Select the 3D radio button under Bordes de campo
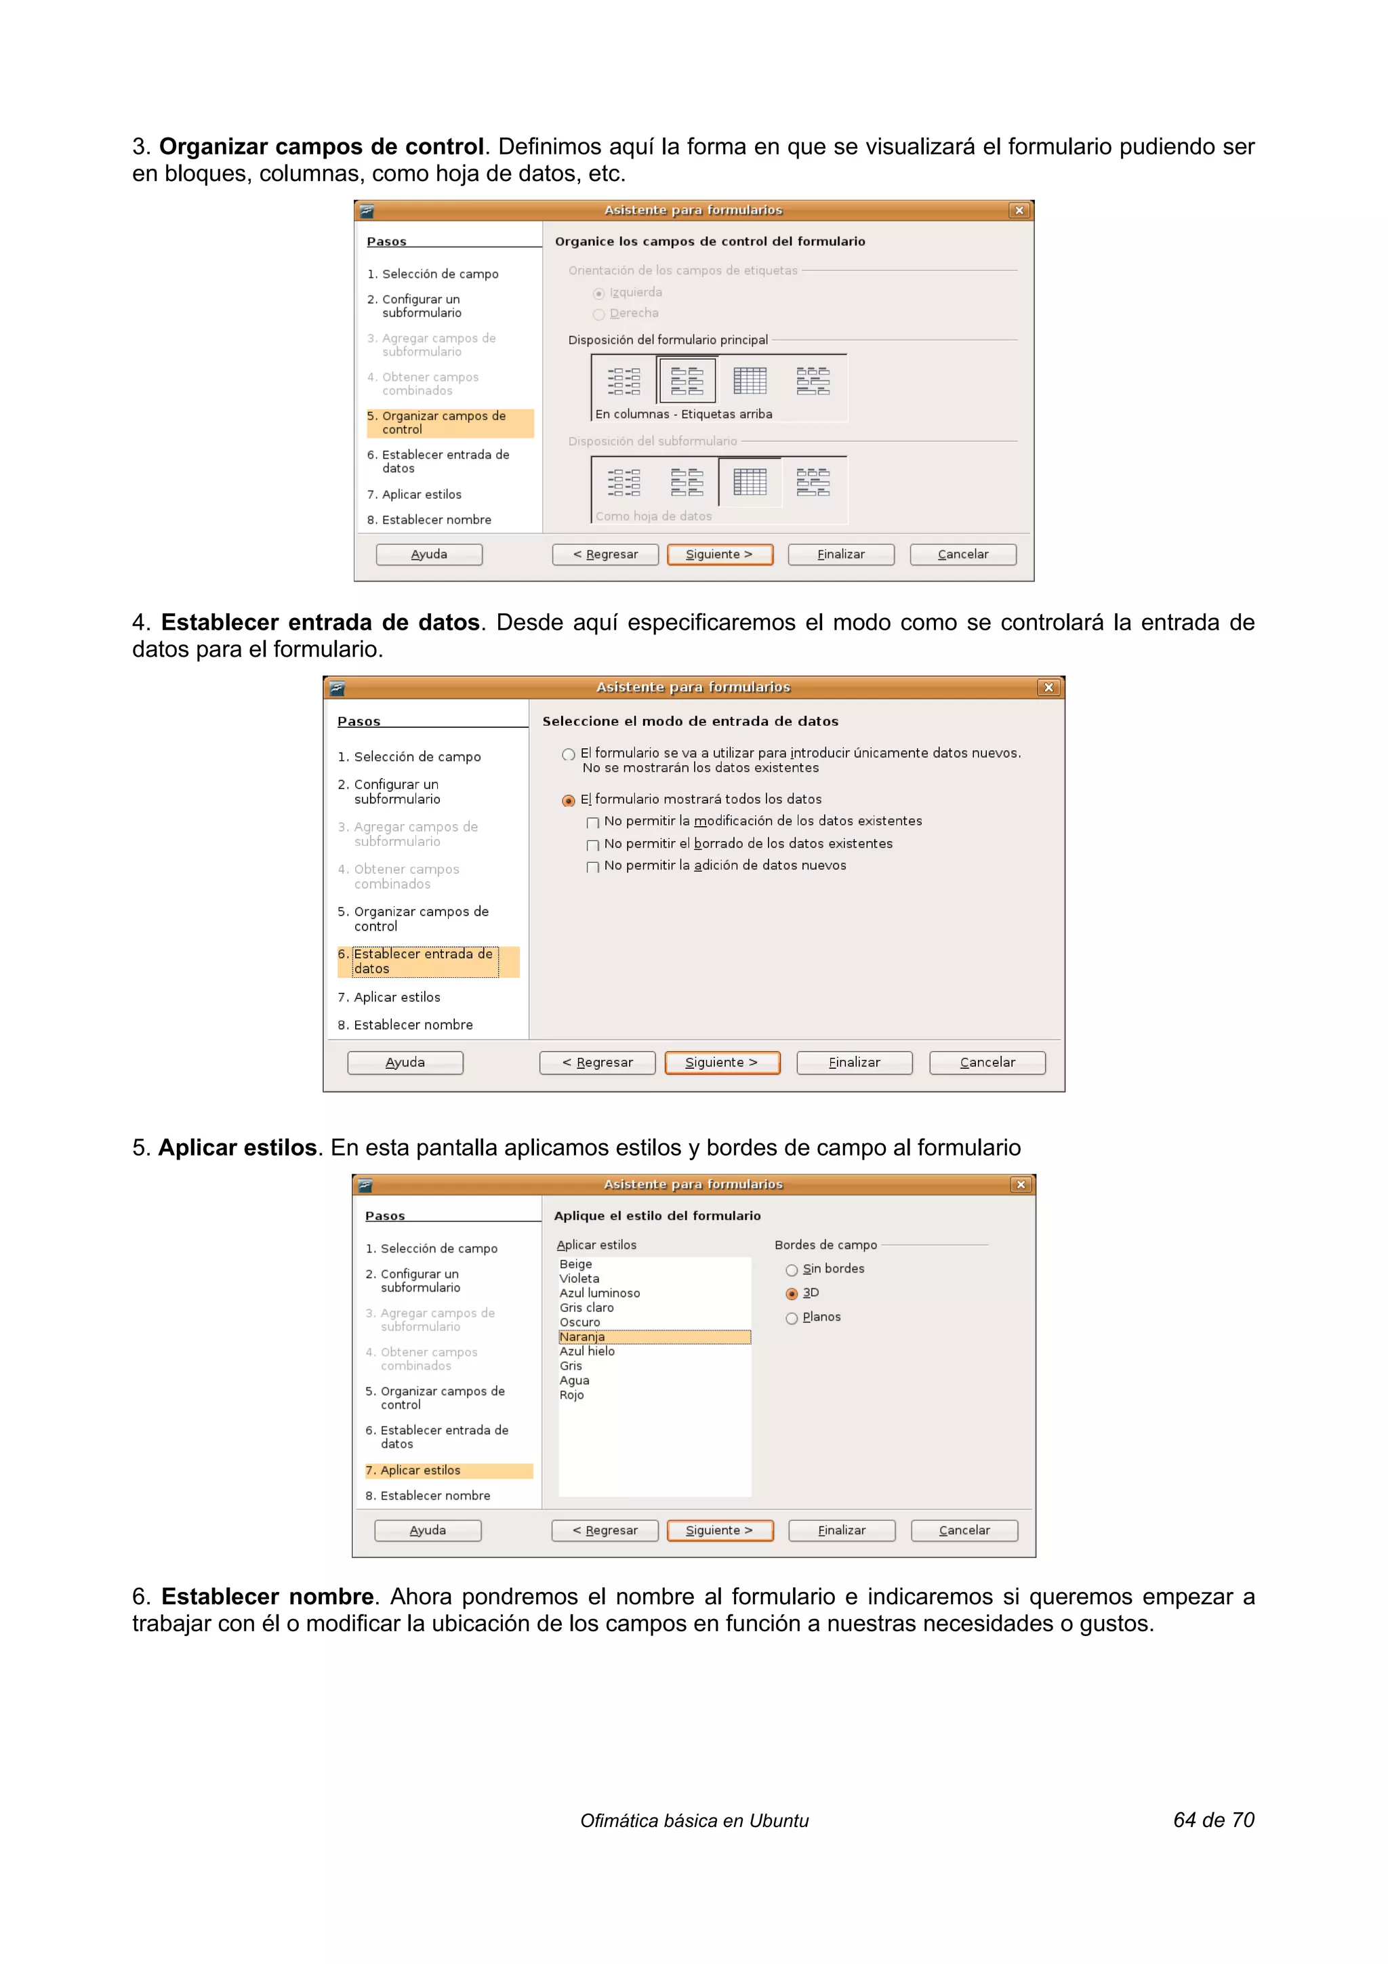(791, 1293)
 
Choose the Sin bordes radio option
(791, 1269)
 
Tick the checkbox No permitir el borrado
(592, 845)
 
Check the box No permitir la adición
(592, 867)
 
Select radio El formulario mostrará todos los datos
(568, 800)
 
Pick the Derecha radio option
(598, 314)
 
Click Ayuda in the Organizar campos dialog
(428, 554)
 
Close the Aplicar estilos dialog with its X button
(1019, 1184)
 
